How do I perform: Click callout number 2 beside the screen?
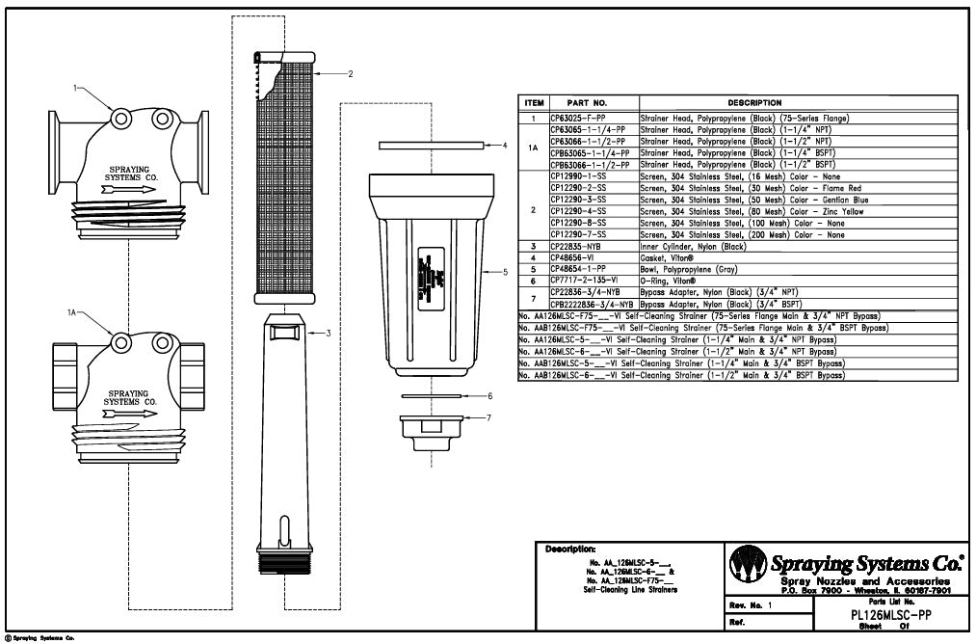click(351, 73)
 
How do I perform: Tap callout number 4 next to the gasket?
click(505, 146)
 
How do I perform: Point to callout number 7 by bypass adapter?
click(489, 417)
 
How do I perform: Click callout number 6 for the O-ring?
click(489, 395)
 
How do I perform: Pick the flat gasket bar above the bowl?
click(431, 146)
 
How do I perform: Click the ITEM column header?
click(534, 102)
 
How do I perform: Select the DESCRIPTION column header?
click(754, 102)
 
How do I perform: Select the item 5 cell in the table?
click(534, 268)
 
